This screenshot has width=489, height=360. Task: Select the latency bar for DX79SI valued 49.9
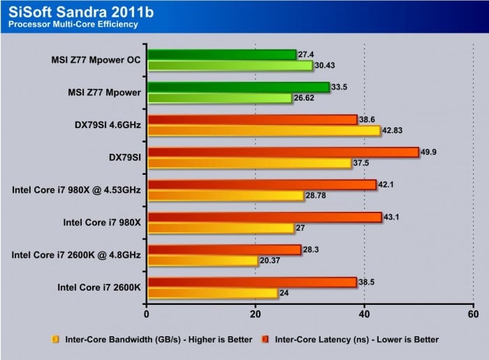point(282,152)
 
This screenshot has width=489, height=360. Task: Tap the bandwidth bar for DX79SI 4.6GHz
point(263,131)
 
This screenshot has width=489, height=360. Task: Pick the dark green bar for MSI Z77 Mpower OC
point(221,55)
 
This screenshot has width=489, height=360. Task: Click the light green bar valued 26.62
point(219,99)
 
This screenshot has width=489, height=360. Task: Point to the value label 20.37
point(269,261)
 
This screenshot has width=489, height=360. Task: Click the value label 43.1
point(393,217)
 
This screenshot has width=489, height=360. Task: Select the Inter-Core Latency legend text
point(357,340)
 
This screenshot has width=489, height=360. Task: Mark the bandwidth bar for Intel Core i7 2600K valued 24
point(212,293)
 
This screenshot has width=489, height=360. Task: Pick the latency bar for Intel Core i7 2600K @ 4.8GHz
point(223,250)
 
